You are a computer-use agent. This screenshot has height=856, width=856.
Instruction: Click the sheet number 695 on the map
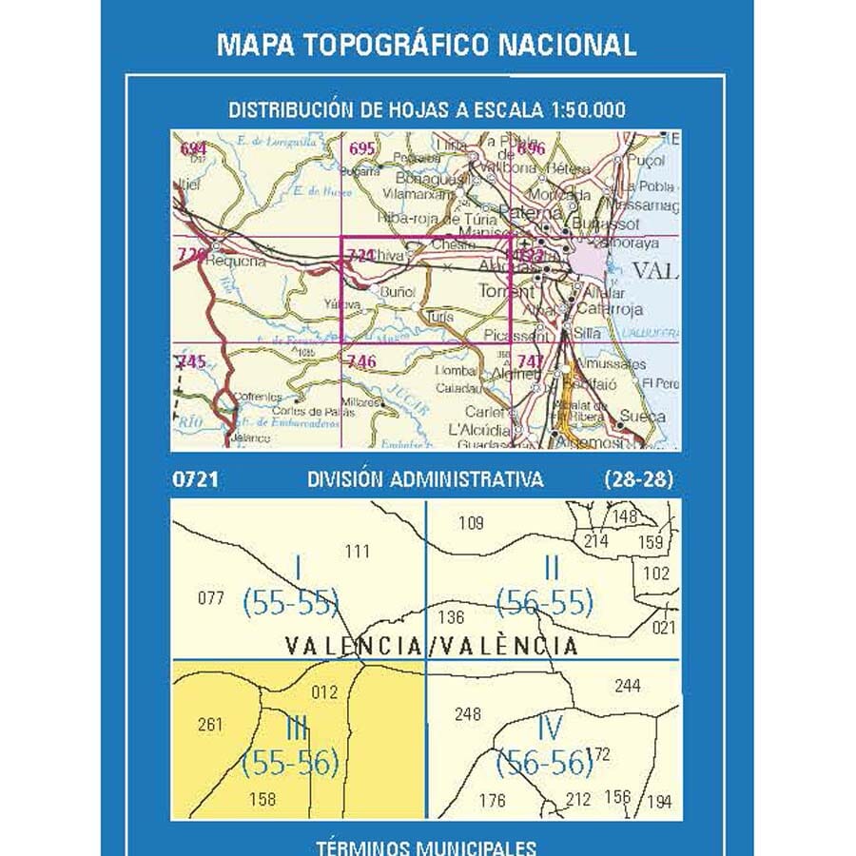[362, 147]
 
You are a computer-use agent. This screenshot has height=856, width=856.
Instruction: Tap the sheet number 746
[362, 360]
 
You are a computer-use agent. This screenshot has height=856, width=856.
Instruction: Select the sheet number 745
[191, 360]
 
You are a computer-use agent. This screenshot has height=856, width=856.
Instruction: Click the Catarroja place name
[610, 309]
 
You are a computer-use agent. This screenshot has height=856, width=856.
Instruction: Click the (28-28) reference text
[637, 480]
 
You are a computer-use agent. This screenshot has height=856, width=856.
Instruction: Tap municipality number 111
[357, 551]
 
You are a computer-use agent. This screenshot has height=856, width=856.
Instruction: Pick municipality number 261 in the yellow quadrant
[210, 725]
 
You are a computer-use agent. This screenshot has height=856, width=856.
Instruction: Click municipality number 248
[468, 714]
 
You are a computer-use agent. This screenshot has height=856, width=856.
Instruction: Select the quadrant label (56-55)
[545, 602]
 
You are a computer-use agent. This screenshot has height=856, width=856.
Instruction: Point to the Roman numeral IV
[551, 730]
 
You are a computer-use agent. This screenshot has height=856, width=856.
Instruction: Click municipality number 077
[210, 598]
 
